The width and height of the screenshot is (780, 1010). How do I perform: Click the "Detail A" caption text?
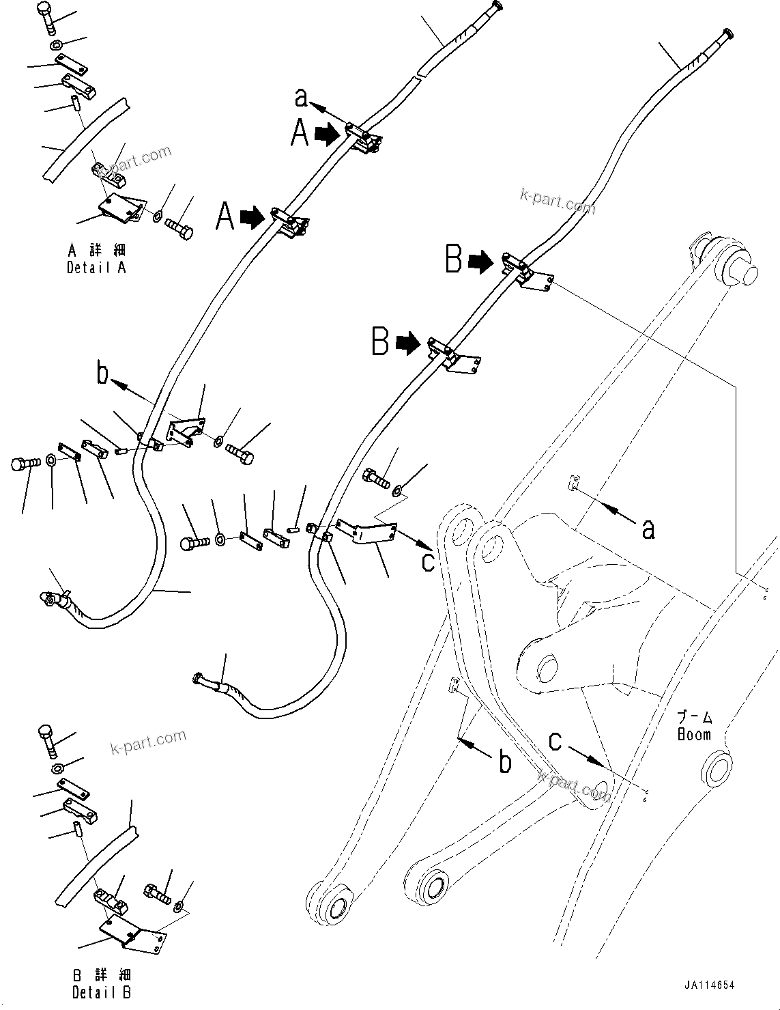pos(96,268)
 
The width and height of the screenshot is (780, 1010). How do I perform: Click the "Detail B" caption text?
pos(102,992)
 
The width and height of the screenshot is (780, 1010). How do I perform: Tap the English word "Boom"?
pos(694,735)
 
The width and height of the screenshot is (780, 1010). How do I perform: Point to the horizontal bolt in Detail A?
pos(179,227)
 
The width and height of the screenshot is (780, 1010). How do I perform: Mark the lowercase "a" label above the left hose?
pos(301,98)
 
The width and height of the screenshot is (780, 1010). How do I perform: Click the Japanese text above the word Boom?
pos(694,718)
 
